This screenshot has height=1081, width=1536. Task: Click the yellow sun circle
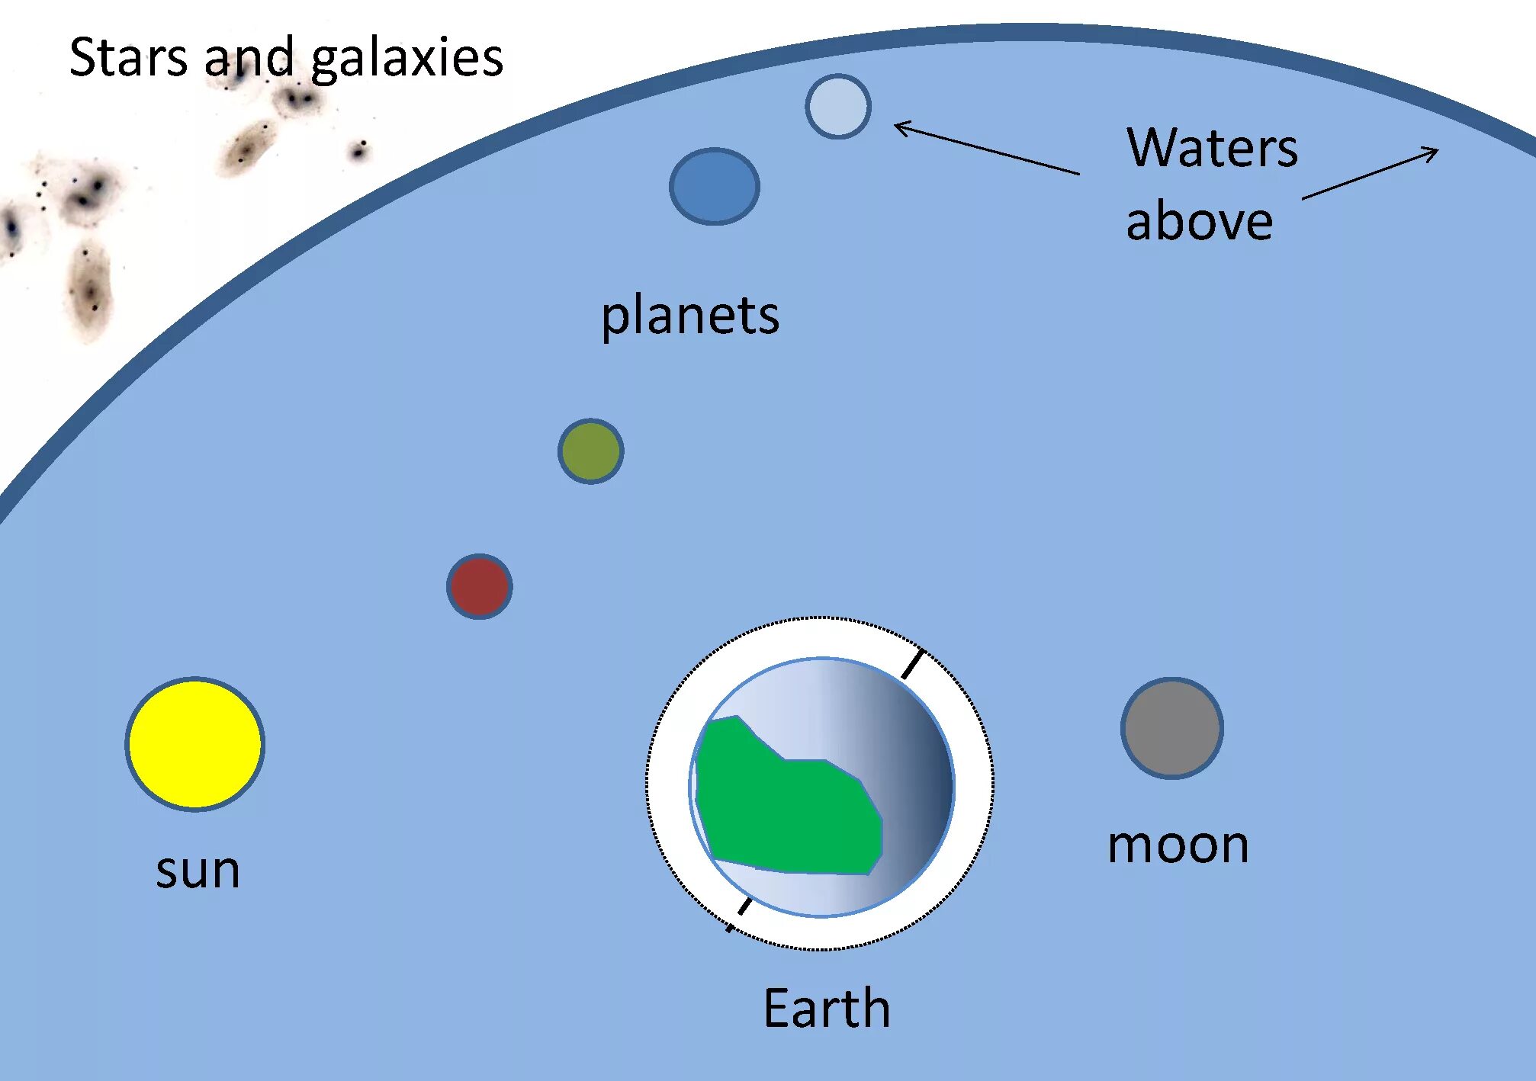click(x=195, y=743)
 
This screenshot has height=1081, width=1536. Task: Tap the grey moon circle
click(x=1172, y=728)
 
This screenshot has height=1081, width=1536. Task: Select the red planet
click(x=479, y=586)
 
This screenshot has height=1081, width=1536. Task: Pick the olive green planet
click(x=590, y=451)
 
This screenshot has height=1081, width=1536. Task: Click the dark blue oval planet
click(x=714, y=186)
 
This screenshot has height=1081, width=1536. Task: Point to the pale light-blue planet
click(x=837, y=107)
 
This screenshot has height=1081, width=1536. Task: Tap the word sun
click(x=198, y=870)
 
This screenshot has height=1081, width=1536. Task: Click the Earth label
click(x=827, y=1008)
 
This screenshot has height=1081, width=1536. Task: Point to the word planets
click(x=690, y=315)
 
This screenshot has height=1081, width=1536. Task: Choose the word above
click(x=1199, y=221)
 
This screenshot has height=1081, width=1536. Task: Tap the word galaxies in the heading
click(x=407, y=59)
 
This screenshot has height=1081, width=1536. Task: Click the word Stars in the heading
click(x=127, y=57)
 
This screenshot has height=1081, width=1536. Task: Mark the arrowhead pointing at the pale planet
click(x=900, y=126)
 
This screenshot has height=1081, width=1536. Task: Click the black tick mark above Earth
click(x=913, y=663)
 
